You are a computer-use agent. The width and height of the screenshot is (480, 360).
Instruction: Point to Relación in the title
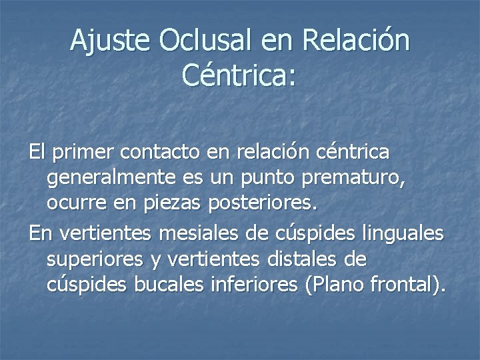click(x=356, y=41)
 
